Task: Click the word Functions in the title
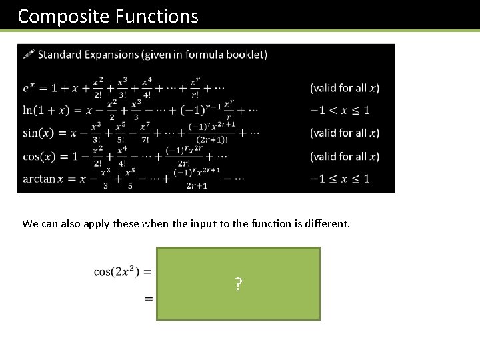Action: [157, 16]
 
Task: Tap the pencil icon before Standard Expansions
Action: [29, 54]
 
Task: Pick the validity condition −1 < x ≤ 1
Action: [339, 110]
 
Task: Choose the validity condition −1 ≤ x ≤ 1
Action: [339, 179]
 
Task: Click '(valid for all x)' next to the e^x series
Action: [344, 88]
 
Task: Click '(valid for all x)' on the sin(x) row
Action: [344, 133]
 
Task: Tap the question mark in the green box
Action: [238, 285]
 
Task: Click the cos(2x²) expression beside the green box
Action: [117, 271]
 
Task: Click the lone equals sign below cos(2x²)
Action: [149, 297]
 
